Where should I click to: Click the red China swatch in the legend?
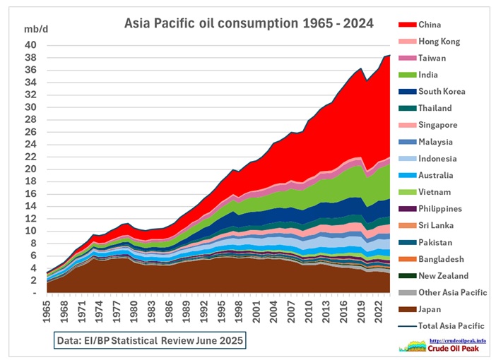(x=406, y=25)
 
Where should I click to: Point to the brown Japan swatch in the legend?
(x=406, y=310)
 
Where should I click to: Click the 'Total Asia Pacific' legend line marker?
(x=406, y=326)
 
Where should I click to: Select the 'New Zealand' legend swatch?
(x=406, y=276)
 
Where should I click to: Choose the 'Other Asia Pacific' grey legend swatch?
(x=406, y=293)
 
